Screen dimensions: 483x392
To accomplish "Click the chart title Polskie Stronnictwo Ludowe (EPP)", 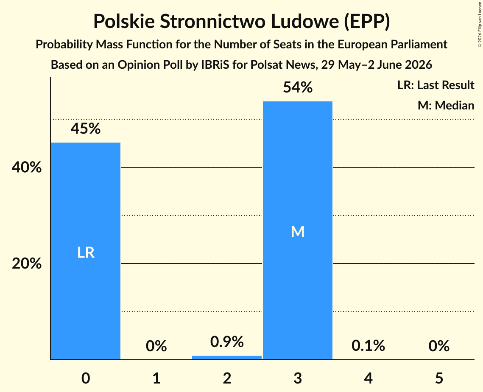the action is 242,22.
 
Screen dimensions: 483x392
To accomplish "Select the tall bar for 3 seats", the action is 298,230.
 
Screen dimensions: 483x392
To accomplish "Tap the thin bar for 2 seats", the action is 227,358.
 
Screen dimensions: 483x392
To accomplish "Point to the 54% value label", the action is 298,87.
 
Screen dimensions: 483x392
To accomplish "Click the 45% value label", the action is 86,129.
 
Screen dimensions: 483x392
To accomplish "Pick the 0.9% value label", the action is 227,342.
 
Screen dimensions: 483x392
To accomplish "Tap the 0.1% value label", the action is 368,346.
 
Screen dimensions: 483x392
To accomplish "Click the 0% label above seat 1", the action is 156,346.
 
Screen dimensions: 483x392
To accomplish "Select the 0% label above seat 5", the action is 439,346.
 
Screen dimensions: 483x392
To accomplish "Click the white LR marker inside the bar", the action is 86,253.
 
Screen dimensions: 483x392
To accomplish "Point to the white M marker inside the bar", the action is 298,232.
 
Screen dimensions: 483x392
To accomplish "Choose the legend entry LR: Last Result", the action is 436,85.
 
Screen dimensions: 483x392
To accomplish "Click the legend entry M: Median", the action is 446,105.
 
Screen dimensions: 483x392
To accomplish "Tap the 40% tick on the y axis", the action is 27,167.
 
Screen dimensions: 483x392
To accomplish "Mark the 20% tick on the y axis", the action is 27,263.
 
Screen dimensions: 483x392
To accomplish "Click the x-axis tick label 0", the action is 86,378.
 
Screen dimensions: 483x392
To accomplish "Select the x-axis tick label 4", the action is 368,378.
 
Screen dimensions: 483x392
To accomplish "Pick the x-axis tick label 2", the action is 227,378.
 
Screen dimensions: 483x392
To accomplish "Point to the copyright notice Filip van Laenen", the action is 480,24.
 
